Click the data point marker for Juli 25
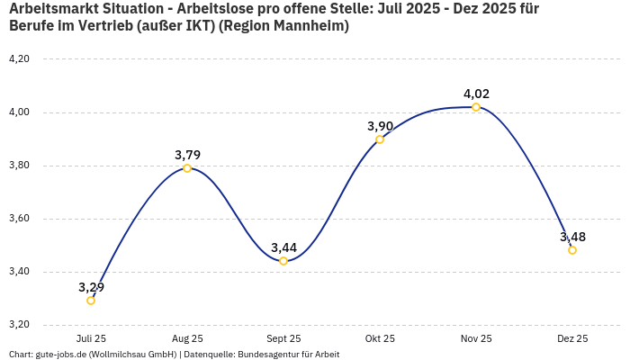click(x=91, y=301)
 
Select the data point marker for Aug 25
click(x=187, y=168)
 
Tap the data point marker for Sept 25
click(x=283, y=261)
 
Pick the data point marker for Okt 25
click(x=380, y=139)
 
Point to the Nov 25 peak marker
click(x=476, y=107)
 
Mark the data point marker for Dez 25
click(x=572, y=250)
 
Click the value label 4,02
click(x=476, y=94)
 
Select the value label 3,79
click(x=187, y=155)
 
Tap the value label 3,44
click(x=283, y=247)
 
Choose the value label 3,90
click(x=380, y=126)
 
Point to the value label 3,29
click(x=91, y=287)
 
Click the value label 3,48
click(x=572, y=237)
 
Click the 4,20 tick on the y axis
click(x=19, y=58)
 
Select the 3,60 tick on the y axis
click(x=19, y=219)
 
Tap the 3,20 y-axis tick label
click(x=19, y=325)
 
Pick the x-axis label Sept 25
click(x=283, y=338)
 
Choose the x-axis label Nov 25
click(x=476, y=338)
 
